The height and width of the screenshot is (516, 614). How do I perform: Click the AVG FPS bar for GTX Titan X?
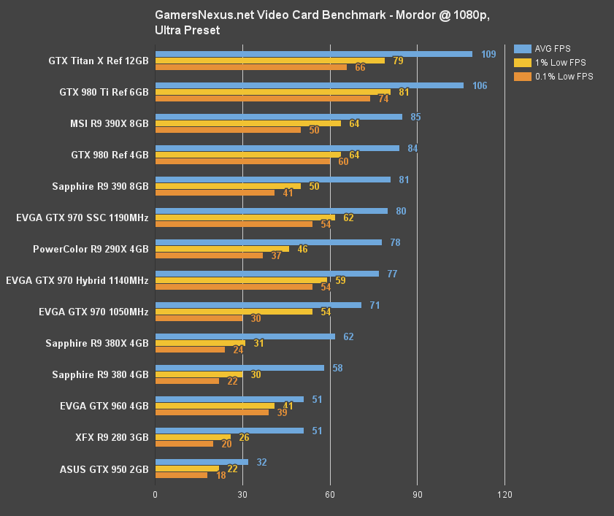[314, 53]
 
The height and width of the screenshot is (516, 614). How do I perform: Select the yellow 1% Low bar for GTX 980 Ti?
[273, 92]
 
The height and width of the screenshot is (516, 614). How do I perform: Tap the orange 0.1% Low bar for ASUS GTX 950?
[181, 475]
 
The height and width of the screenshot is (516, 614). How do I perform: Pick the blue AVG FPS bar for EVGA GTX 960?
[229, 399]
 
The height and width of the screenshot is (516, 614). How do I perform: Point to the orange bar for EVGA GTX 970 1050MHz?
[199, 318]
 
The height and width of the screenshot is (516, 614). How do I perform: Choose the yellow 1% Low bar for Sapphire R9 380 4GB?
[199, 374]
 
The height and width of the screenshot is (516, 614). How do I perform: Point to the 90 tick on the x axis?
[417, 496]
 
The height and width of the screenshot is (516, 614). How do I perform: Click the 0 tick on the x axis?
[156, 496]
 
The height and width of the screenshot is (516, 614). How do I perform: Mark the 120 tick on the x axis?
[504, 496]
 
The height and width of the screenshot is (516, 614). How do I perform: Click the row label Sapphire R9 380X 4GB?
[96, 344]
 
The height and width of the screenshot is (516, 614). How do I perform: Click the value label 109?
[488, 54]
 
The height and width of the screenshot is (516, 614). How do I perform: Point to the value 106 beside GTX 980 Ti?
[480, 85]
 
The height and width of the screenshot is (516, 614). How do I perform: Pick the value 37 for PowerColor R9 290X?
[276, 255]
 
